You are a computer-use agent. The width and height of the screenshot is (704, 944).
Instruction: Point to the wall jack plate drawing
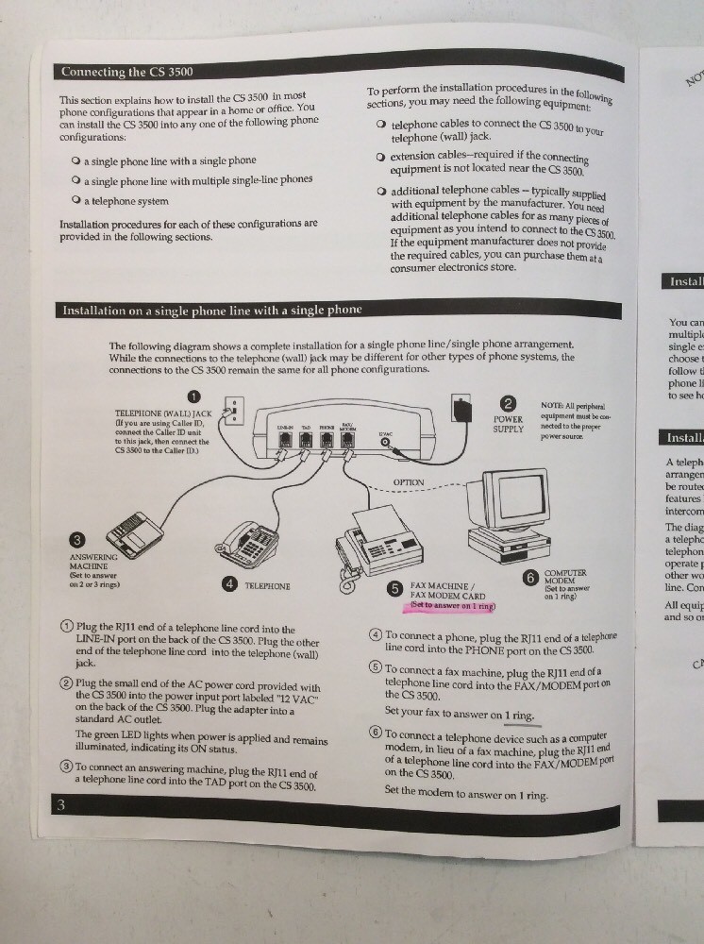click(x=233, y=412)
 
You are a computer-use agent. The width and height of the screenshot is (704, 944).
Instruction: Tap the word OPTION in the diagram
click(x=409, y=482)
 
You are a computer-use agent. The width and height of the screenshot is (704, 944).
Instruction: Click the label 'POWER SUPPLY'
click(x=507, y=424)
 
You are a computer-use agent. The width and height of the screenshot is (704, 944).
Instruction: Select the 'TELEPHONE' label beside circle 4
click(x=267, y=586)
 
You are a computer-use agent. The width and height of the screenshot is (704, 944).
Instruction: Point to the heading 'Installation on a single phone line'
click(x=212, y=310)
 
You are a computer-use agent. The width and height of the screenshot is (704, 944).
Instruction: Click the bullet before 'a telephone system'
click(x=74, y=200)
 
